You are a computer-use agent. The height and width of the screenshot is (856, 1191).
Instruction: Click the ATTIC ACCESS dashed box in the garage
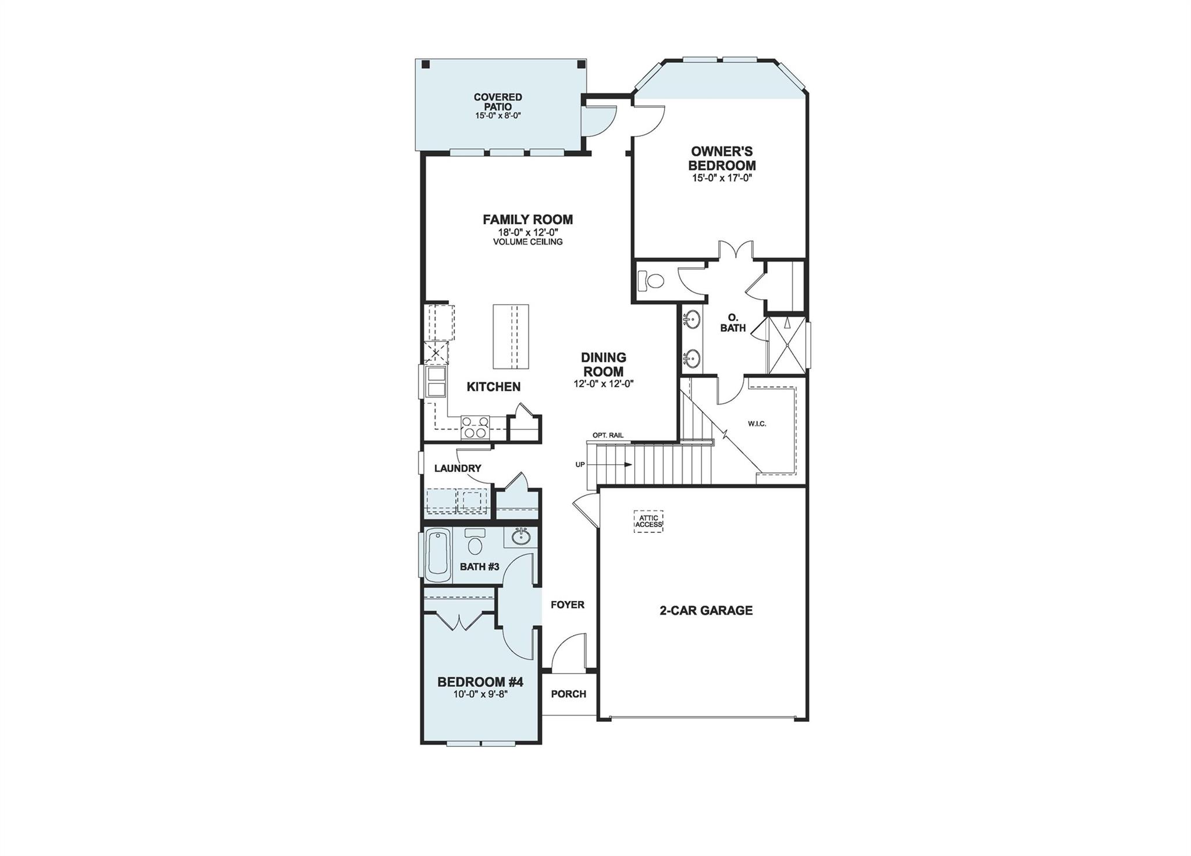648,521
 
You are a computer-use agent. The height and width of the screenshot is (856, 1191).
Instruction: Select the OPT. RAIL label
608,435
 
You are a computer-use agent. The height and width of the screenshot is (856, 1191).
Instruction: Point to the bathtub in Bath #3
438,556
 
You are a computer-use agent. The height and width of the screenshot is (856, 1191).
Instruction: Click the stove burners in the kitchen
475,427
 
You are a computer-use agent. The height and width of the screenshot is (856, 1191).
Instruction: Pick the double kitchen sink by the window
436,381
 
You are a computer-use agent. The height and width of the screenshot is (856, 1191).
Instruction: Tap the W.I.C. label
757,424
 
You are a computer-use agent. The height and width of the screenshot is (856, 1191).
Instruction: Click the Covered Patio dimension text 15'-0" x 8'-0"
497,116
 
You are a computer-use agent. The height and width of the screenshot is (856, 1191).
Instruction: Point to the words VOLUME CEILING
527,242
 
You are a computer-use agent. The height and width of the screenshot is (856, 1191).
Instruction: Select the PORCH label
568,694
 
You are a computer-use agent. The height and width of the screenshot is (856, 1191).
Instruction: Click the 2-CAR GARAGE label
706,610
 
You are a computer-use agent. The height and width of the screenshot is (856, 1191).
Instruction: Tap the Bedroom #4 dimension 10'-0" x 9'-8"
480,693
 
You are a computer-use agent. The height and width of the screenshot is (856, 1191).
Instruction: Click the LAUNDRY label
458,468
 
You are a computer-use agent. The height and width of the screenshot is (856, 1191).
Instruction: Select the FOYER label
567,605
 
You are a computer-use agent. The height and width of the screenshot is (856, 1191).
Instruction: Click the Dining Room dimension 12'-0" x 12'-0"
603,384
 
